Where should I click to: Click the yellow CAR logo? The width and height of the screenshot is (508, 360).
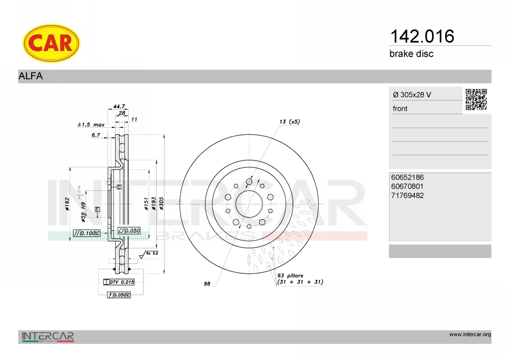tap(51, 43)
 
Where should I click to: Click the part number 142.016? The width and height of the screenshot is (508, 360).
tap(422, 36)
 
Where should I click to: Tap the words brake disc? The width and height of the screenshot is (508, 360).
tap(411, 54)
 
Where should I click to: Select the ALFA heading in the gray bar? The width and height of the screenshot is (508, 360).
tap(30, 76)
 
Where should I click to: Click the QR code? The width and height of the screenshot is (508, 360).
tap(476, 100)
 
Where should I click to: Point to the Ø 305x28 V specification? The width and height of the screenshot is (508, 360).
tap(412, 95)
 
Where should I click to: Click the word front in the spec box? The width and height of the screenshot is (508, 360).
tap(400, 109)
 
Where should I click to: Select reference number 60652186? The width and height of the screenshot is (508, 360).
tap(407, 177)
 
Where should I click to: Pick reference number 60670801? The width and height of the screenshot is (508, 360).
tap(407, 186)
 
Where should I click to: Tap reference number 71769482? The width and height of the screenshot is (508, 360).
tap(407, 195)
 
